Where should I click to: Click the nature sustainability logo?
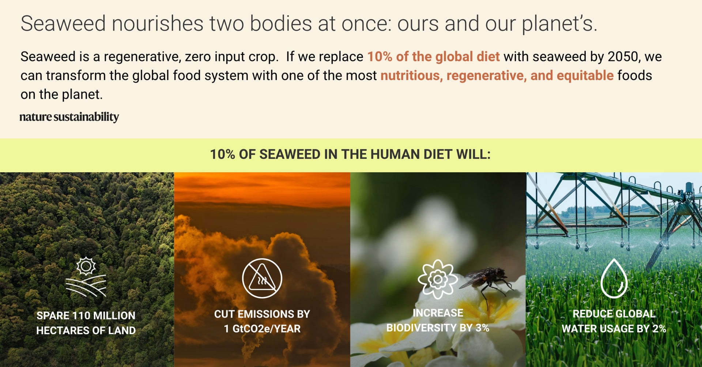click(69, 117)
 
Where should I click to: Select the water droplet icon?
click(614, 279)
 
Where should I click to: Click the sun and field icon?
click(86, 277)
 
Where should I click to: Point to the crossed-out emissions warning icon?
click(262, 278)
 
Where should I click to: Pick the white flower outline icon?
click(438, 280)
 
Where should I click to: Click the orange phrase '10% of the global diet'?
click(433, 57)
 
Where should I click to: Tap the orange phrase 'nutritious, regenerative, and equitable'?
click(497, 76)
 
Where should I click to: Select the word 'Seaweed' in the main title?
click(63, 23)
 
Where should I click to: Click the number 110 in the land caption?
click(81, 315)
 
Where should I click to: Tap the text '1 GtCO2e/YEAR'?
click(262, 329)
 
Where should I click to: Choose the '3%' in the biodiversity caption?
click(482, 328)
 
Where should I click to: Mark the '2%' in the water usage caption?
click(659, 329)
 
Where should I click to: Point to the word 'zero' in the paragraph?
click(198, 57)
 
